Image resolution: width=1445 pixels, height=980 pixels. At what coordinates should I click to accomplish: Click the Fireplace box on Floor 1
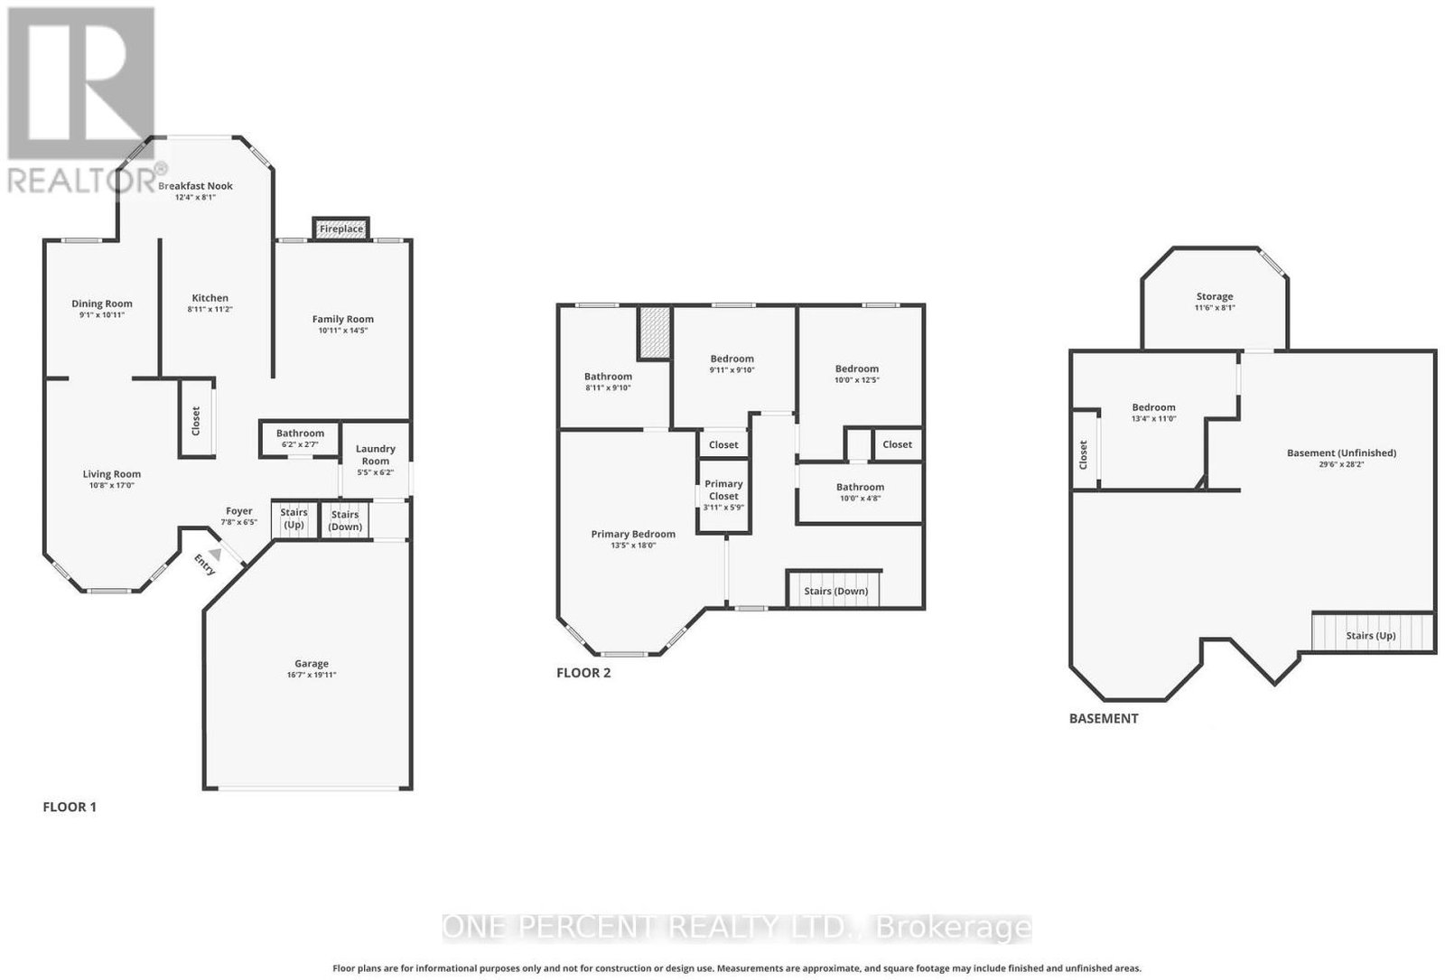click(341, 229)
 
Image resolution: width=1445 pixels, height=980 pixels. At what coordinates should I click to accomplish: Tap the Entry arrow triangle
click(216, 555)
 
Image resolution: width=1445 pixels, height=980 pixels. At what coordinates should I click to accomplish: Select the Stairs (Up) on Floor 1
click(294, 518)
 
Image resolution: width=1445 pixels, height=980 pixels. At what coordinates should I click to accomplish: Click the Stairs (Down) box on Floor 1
click(345, 519)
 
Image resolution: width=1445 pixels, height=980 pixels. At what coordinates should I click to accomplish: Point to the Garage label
click(312, 663)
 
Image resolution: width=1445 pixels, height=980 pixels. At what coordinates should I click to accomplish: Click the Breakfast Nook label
click(195, 186)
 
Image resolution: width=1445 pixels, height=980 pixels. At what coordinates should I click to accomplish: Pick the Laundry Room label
click(376, 455)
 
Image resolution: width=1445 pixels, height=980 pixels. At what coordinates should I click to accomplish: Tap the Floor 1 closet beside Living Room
click(196, 419)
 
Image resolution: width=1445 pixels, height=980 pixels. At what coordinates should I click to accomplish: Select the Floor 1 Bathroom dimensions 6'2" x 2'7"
click(300, 444)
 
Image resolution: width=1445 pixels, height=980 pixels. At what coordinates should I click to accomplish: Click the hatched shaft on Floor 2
click(655, 332)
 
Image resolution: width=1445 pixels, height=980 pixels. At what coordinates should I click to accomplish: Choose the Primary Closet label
click(723, 490)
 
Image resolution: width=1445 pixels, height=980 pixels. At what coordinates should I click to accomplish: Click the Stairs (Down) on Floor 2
click(834, 588)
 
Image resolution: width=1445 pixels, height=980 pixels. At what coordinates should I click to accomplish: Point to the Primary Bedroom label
click(633, 534)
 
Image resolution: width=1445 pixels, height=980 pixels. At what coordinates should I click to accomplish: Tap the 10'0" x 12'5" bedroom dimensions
click(857, 380)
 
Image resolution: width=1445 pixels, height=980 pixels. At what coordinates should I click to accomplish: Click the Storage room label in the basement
click(1215, 297)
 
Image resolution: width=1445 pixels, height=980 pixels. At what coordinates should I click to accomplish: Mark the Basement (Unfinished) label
click(1342, 453)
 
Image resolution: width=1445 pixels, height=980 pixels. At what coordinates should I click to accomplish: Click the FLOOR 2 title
click(583, 673)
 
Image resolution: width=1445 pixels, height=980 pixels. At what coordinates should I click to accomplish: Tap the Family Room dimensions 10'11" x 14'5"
click(342, 331)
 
